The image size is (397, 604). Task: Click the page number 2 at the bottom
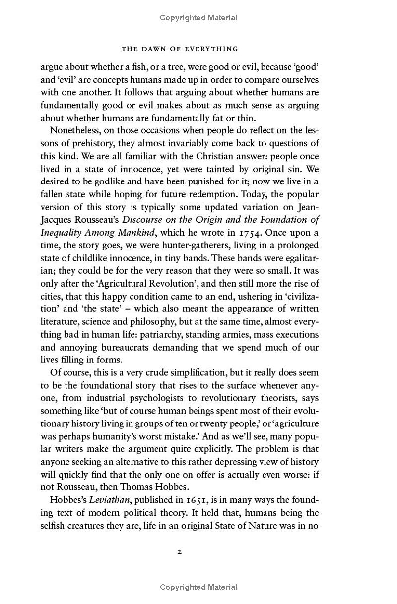180,551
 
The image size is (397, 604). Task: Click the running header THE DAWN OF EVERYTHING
180,49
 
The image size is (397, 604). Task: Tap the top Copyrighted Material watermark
198,18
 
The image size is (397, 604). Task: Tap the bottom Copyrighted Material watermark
198,587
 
